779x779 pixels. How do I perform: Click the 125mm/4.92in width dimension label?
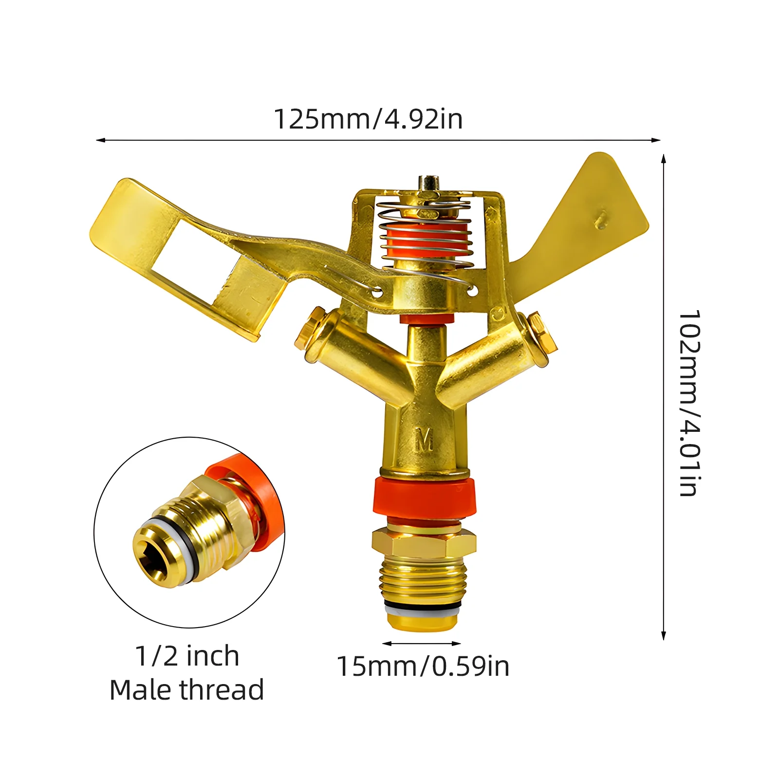point(368,119)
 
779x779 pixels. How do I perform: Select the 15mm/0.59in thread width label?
point(423,666)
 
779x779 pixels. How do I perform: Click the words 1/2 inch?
point(187,656)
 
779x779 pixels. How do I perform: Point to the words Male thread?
point(187,690)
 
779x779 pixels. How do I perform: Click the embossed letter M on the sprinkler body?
point(424,440)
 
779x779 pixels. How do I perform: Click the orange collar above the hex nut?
point(424,497)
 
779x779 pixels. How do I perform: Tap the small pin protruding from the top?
point(427,184)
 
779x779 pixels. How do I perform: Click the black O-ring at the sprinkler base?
point(423,605)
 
